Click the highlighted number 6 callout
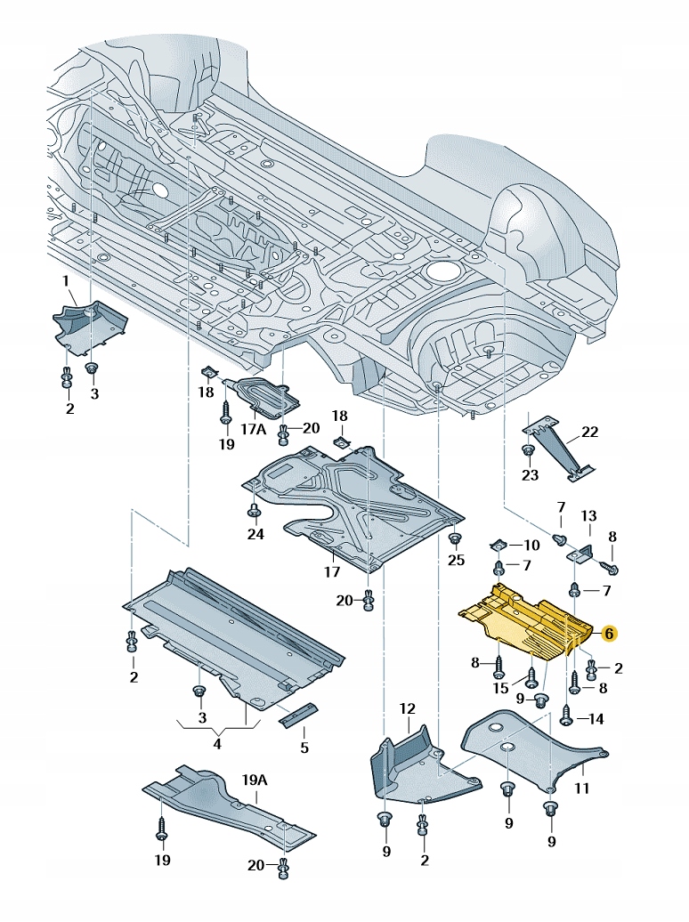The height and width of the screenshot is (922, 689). [x=609, y=634]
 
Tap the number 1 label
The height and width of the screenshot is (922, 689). [x=65, y=282]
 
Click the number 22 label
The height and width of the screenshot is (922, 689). [x=590, y=433]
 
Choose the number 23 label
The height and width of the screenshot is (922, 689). [x=531, y=474]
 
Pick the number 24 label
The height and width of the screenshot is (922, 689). [x=256, y=535]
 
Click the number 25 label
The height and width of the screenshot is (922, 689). [x=457, y=560]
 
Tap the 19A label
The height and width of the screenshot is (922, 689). [x=255, y=780]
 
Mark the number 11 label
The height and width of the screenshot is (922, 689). [x=581, y=788]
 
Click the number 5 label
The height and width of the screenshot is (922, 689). [x=304, y=748]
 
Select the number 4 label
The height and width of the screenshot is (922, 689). [x=218, y=742]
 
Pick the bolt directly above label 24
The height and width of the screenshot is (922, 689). [x=255, y=510]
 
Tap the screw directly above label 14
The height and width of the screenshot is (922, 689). [x=568, y=711]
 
